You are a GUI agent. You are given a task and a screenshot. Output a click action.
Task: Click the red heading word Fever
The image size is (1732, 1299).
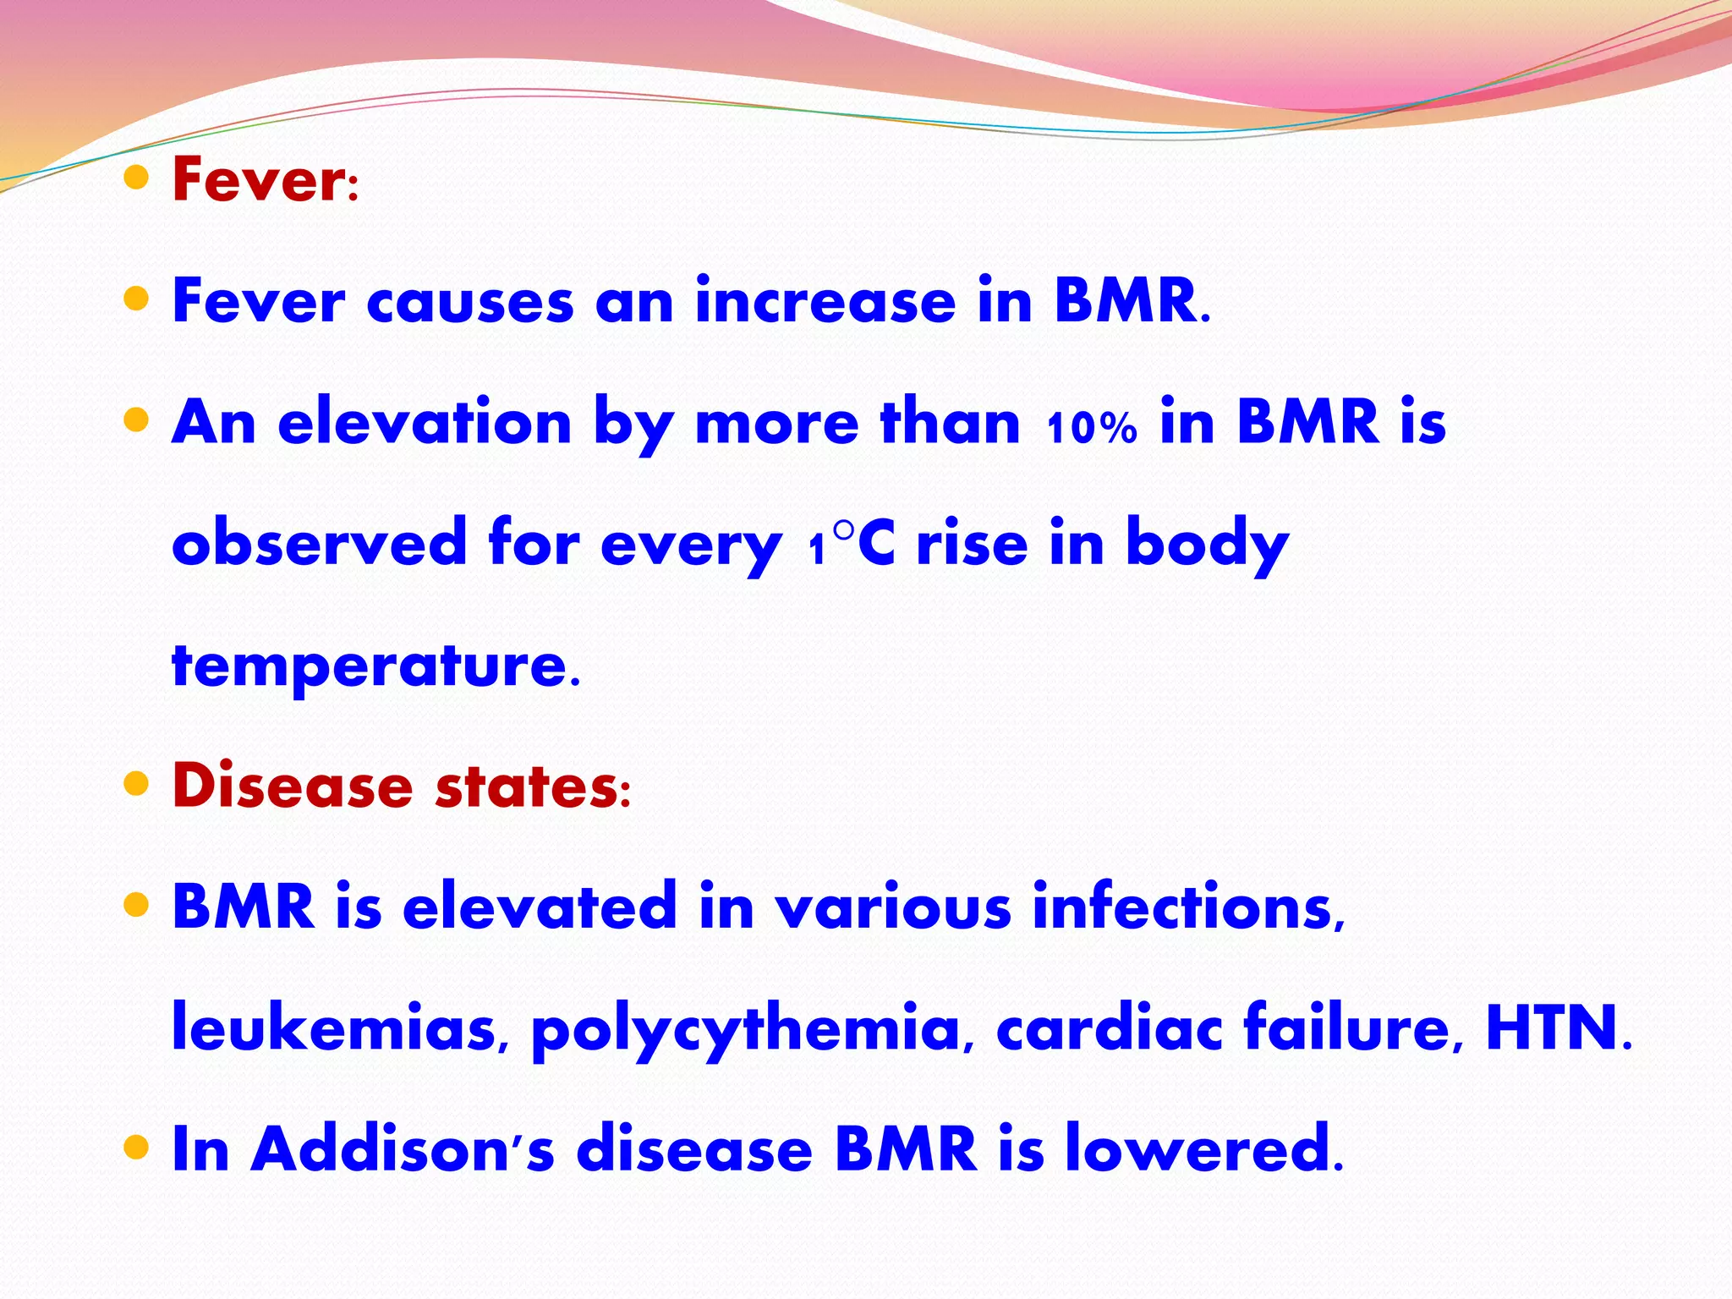[258, 180]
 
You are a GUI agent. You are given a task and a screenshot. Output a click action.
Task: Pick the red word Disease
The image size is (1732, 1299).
[292, 786]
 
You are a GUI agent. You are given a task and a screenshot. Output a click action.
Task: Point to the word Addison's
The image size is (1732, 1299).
[402, 1149]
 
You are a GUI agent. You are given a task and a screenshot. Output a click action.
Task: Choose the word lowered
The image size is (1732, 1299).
[1197, 1149]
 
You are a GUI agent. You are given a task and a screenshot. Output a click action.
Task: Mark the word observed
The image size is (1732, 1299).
[319, 544]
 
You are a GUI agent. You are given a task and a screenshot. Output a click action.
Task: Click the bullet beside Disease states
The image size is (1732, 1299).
[135, 784]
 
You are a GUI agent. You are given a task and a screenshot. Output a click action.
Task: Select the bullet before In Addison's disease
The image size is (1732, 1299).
[135, 1148]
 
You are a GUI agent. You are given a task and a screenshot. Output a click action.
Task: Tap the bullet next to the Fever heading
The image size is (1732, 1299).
[135, 178]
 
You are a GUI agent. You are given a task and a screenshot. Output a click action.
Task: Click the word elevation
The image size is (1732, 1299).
[425, 423]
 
